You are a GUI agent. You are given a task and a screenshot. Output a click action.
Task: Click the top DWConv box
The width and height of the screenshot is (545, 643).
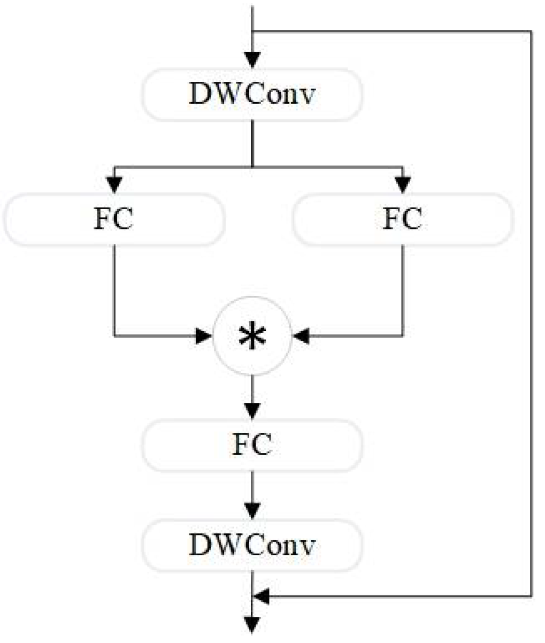coord(251,94)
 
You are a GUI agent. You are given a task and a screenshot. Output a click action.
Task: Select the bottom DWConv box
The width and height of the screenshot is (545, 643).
coord(251,545)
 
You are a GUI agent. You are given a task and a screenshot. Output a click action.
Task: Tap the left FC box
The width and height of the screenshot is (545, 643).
coord(113,219)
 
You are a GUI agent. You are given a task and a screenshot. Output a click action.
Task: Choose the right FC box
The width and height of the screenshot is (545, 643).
coord(402,219)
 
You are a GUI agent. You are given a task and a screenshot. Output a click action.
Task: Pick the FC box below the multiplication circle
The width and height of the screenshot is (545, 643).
coord(251,445)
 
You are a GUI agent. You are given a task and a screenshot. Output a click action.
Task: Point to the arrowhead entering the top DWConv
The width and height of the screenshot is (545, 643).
coord(252,59)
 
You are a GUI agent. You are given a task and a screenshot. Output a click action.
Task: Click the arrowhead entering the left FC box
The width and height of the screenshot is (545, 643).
coord(113,185)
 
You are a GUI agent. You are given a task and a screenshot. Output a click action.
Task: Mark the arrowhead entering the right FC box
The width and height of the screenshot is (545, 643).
coord(402,185)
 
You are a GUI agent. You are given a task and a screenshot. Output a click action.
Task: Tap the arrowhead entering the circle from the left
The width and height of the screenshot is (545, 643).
coord(204,336)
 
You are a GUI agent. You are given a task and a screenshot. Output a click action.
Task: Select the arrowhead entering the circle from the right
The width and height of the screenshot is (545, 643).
coord(301,336)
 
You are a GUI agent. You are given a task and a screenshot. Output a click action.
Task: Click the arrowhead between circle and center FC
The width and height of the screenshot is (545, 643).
coord(252,410)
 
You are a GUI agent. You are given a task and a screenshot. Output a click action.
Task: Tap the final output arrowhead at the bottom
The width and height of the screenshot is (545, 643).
coord(252,625)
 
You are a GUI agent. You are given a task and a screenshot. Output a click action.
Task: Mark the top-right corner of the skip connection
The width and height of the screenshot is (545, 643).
coord(532,32)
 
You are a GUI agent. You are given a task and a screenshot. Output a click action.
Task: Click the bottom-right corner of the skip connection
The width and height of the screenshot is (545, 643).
coord(532,595)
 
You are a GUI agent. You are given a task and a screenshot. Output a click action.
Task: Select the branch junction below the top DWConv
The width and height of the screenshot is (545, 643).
coord(252,166)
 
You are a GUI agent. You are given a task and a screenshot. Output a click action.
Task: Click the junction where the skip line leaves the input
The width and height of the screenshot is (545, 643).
coord(252,32)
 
